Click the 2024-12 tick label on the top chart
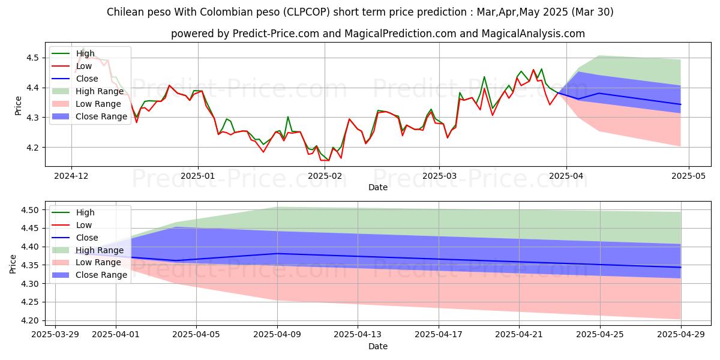click(71, 175)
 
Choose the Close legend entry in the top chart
click(88, 79)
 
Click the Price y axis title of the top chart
click(18, 106)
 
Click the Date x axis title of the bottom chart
click(378, 346)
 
